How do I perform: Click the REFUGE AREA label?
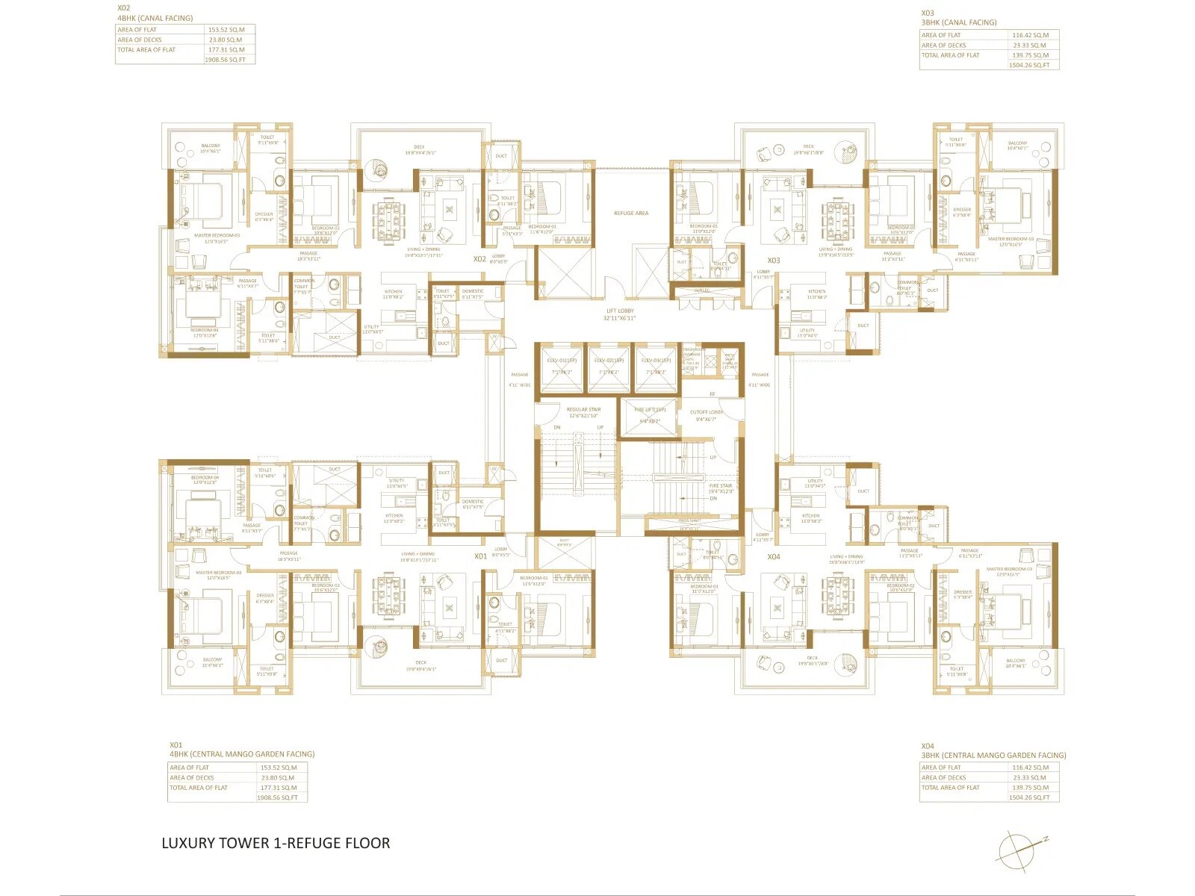(x=630, y=214)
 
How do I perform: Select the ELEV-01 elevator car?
(x=562, y=367)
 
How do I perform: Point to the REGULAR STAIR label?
(x=583, y=412)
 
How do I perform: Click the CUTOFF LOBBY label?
(x=706, y=415)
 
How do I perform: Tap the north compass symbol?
(x=1019, y=850)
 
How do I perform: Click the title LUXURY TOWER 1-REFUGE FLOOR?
(x=276, y=843)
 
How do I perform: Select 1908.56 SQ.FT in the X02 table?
(x=225, y=60)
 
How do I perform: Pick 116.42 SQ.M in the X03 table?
(x=1030, y=35)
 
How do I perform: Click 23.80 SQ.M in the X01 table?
(x=278, y=777)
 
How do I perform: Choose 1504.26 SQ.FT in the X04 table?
(x=1029, y=797)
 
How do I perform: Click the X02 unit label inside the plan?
(x=479, y=259)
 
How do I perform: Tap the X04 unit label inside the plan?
(x=773, y=557)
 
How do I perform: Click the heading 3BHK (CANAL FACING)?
(x=958, y=22)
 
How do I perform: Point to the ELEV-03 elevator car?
(x=656, y=367)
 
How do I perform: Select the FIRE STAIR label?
(x=721, y=488)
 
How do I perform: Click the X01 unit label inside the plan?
(x=480, y=556)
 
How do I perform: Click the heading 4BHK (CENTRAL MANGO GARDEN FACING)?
(x=242, y=754)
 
